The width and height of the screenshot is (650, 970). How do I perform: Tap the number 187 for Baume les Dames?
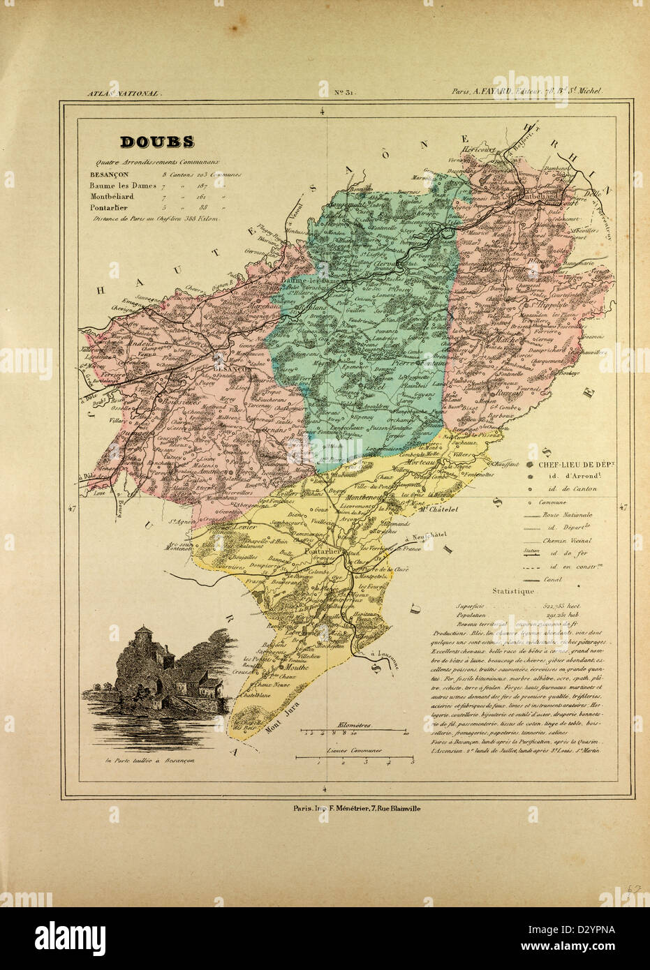click(204, 186)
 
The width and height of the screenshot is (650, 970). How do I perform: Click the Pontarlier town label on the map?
click(323, 551)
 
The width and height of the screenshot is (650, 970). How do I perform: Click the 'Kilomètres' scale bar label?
click(354, 725)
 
